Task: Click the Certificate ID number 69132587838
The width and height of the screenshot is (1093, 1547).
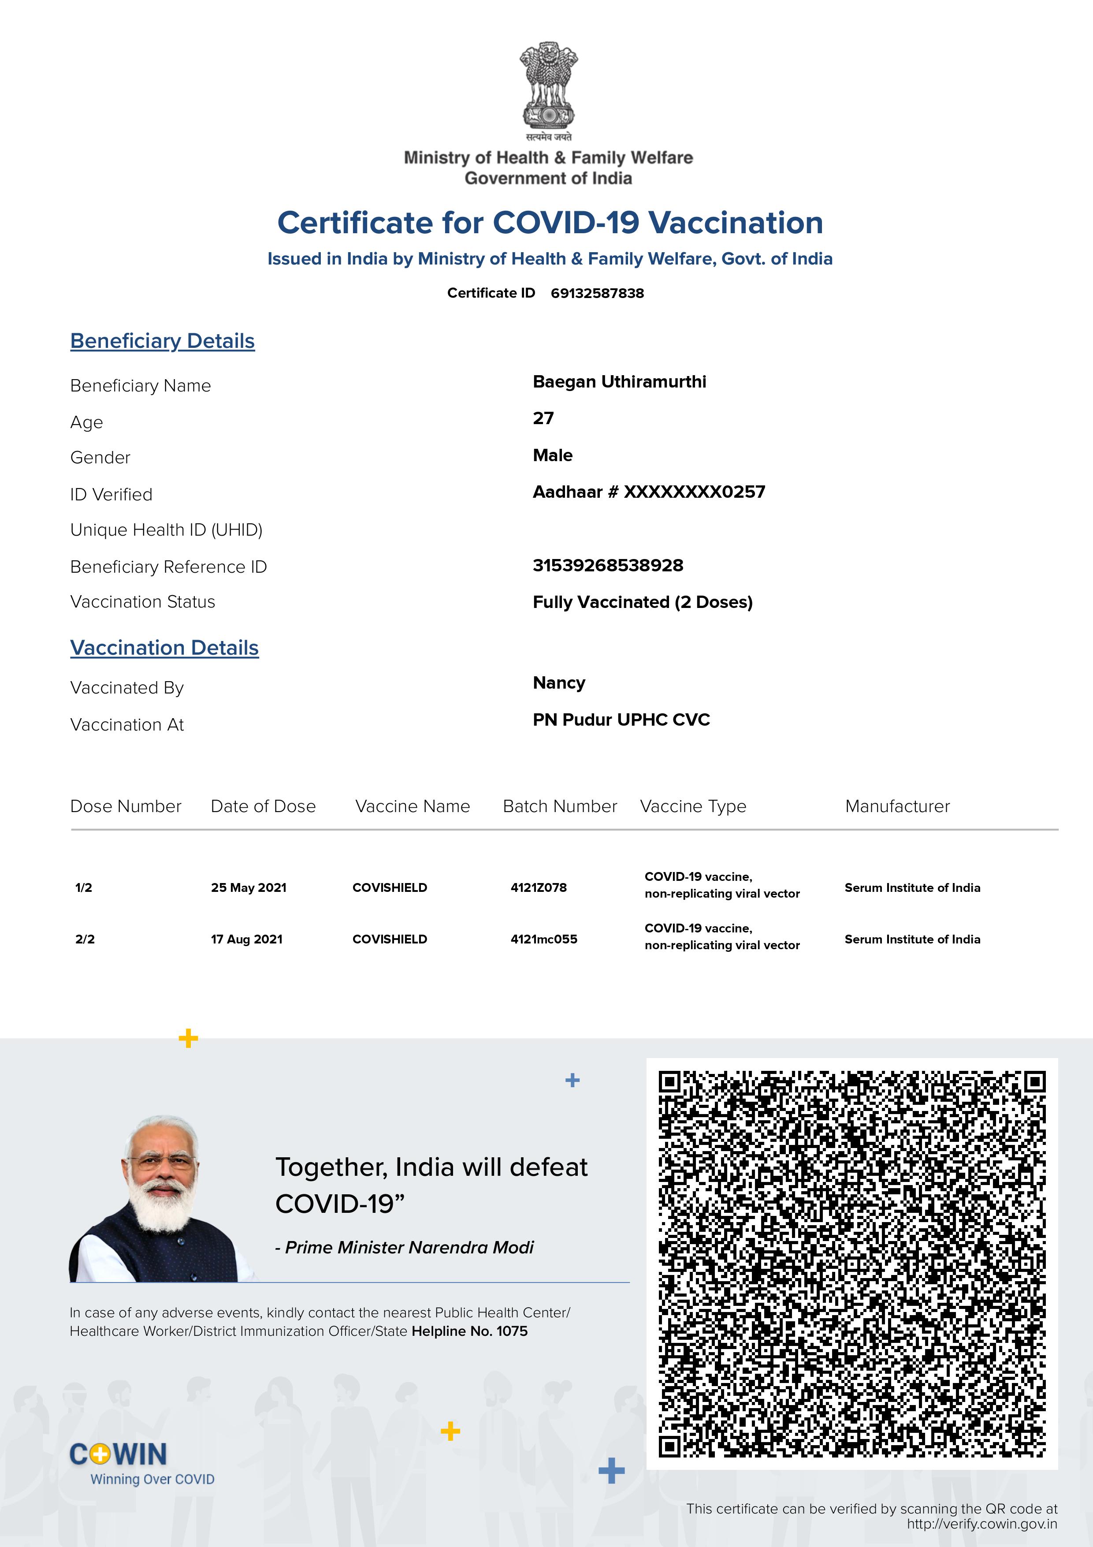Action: coord(597,293)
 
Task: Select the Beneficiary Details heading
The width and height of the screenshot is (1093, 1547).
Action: coord(162,341)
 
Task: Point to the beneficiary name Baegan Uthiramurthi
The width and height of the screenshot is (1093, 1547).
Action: coord(619,382)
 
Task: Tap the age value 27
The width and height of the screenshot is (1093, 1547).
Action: coord(543,418)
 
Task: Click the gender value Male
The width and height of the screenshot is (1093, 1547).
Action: coord(552,455)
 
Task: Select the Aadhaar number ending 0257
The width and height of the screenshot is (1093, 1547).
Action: coord(648,492)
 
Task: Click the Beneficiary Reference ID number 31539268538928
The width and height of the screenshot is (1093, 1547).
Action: coord(607,565)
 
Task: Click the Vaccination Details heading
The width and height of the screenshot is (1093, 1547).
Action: coord(164,648)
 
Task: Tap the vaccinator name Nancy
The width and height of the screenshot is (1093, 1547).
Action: coord(558,683)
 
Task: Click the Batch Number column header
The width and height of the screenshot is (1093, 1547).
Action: coord(560,806)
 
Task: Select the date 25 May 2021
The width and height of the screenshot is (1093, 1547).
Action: coord(249,887)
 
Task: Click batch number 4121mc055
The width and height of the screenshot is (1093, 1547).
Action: coord(543,939)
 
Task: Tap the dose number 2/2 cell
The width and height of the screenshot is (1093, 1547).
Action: coord(85,939)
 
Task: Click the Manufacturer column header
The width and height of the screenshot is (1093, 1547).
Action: coord(897,806)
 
